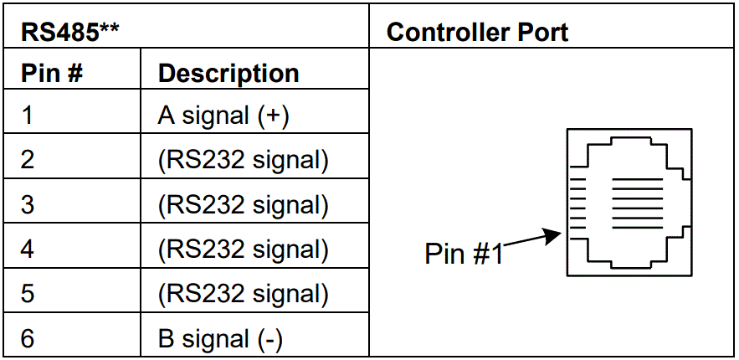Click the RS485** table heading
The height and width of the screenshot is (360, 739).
pyautogui.click(x=68, y=33)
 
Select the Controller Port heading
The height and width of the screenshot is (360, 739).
pyautogui.click(x=477, y=33)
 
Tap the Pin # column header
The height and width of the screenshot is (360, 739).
pyautogui.click(x=51, y=74)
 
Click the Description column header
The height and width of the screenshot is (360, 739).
pyautogui.click(x=228, y=74)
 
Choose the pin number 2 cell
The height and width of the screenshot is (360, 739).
pyautogui.click(x=28, y=160)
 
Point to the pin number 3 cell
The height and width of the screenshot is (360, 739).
pyautogui.click(x=28, y=204)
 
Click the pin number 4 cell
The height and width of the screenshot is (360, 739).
pyautogui.click(x=28, y=249)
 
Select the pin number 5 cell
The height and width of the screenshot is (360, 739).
pyautogui.click(x=28, y=294)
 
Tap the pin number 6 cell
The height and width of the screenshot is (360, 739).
pyautogui.click(x=28, y=338)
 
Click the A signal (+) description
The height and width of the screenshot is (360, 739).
pyautogui.click(x=223, y=116)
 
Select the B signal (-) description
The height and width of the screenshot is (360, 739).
pyautogui.click(x=220, y=338)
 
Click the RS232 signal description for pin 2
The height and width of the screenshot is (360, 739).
pyautogui.click(x=243, y=160)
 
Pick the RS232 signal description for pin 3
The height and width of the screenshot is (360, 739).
pyautogui.click(x=243, y=204)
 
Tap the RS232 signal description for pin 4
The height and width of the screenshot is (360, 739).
pyautogui.click(x=243, y=249)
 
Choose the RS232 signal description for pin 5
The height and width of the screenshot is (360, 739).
pyautogui.click(x=243, y=294)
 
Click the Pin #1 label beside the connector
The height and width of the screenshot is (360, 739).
pyautogui.click(x=464, y=254)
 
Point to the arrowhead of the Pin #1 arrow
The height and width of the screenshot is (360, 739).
pyautogui.click(x=556, y=234)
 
